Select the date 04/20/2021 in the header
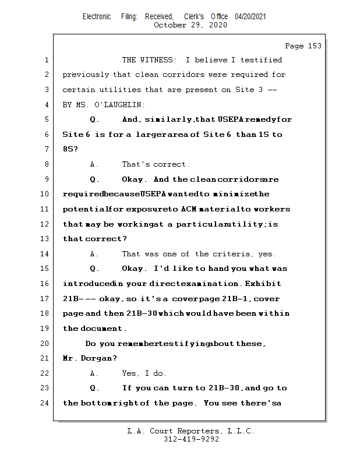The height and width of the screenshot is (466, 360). (x=250, y=17)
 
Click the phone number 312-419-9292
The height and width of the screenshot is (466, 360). (x=191, y=439)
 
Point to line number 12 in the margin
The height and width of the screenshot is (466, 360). (x=46, y=224)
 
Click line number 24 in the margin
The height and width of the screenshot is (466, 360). (x=46, y=403)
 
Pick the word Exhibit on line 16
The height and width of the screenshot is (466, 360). (x=263, y=284)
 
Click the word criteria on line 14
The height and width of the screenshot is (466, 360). (x=234, y=254)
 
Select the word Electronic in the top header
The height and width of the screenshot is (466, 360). (x=97, y=17)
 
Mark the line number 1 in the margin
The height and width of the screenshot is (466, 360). (x=46, y=60)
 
